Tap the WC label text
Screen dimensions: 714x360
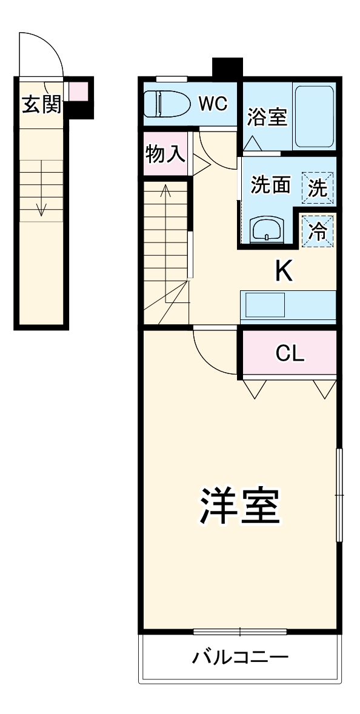[213, 104]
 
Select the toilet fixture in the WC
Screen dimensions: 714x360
[165, 104]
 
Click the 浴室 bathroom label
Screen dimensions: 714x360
[267, 117]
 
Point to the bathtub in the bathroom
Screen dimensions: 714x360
[314, 116]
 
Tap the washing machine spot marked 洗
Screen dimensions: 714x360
[318, 187]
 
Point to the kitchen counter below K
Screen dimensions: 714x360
[288, 306]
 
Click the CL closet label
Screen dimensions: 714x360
[289, 353]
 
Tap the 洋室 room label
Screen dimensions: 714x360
[239, 506]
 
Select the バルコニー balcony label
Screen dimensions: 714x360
[239, 657]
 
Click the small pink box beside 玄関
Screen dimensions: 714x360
[78, 91]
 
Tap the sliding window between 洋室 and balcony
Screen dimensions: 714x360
[240, 632]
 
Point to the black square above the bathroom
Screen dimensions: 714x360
[227, 67]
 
